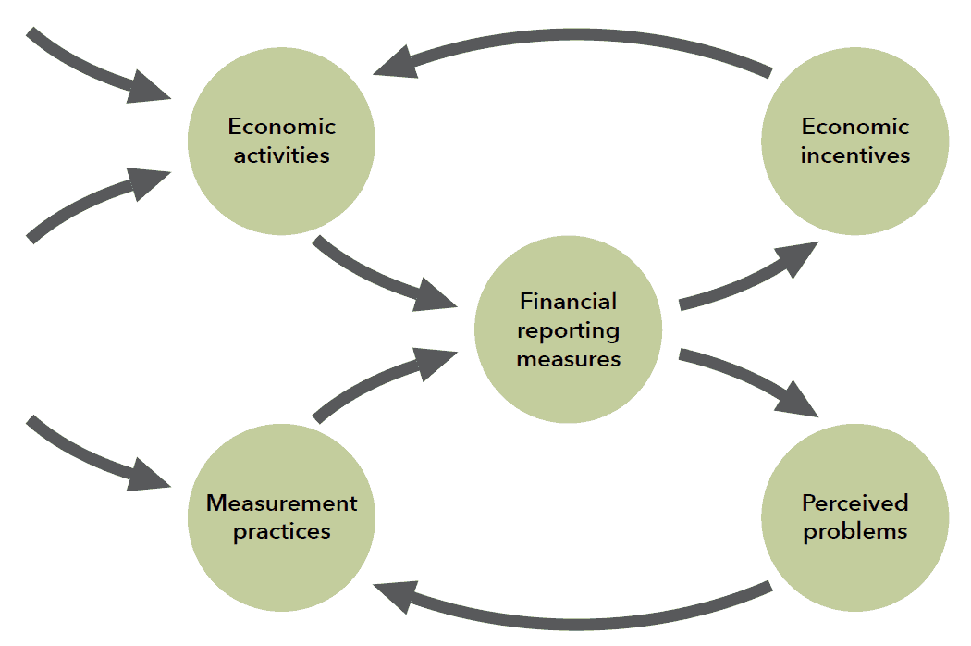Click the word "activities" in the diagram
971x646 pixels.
coord(281,155)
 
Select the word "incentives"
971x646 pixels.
coord(854,155)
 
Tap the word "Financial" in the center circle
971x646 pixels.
coord(568,301)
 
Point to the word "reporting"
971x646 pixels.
coord(568,329)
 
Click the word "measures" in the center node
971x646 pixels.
coord(568,358)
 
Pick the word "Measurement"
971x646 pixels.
coord(281,503)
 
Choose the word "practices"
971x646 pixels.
coord(281,531)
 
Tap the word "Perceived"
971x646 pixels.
coord(854,503)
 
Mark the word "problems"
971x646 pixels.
coord(854,531)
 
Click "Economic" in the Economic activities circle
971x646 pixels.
coord(281,126)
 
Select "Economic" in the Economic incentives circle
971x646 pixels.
coord(854,126)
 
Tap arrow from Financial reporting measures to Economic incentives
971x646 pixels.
coord(749,278)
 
